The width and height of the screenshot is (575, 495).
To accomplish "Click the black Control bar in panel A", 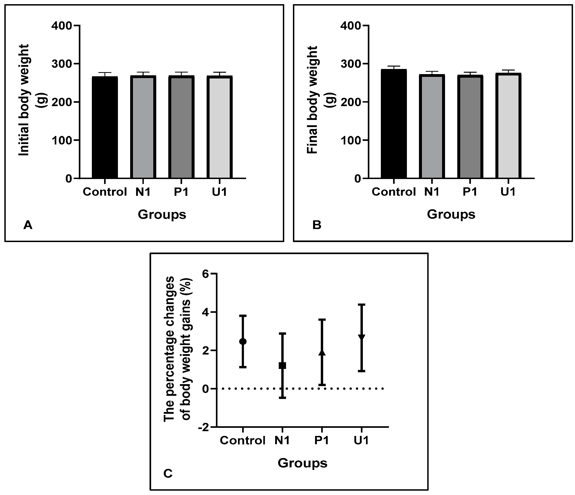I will click(x=105, y=127).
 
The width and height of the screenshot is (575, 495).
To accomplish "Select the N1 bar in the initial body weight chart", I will click(x=143, y=127).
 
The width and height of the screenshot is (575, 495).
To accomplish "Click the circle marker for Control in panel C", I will click(x=243, y=341).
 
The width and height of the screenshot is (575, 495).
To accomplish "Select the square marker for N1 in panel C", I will click(x=282, y=366).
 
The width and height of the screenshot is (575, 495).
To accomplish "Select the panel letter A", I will click(x=28, y=225).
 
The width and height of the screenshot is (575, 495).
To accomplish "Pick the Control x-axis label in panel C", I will click(x=243, y=440).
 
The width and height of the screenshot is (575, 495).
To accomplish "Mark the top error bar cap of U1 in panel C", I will click(x=361, y=305).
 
